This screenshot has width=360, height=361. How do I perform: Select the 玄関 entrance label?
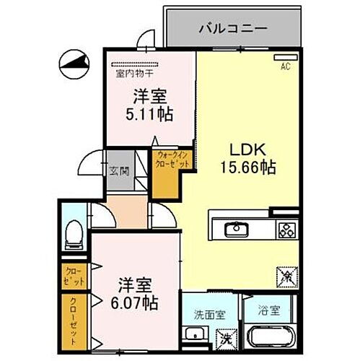coord(120,171)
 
